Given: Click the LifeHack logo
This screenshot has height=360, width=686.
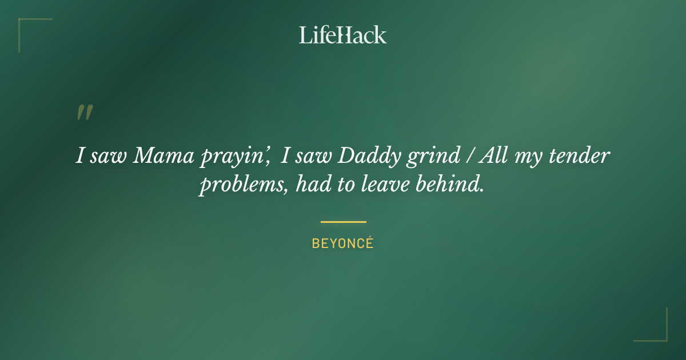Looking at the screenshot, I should (x=342, y=35).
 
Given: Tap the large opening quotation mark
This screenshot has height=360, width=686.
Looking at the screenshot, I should (x=84, y=113).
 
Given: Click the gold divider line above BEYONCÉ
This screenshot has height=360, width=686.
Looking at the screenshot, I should (x=343, y=222).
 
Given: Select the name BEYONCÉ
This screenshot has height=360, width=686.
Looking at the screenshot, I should (x=342, y=243).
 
